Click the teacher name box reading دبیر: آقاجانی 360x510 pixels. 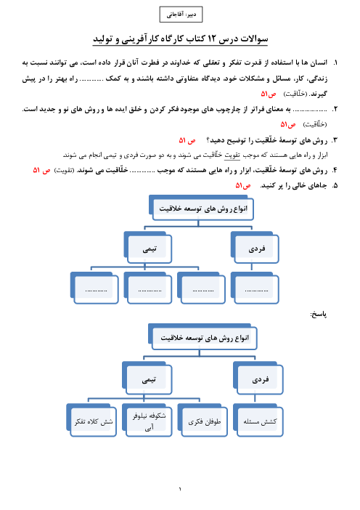point(181,15)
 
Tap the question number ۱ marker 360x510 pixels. point(335,62)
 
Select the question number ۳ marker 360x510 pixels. point(335,140)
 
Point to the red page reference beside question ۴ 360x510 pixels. point(41,170)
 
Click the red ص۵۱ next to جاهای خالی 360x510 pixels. point(243,185)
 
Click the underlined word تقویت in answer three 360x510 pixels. point(232,155)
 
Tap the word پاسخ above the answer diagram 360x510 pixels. point(319,314)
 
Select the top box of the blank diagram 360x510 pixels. point(202,208)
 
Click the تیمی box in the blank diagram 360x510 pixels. point(148,248)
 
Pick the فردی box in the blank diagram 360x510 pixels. point(255,248)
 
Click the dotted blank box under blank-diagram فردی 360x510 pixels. point(255,288)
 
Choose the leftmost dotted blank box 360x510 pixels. point(94,288)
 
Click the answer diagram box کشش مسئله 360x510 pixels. point(258,420)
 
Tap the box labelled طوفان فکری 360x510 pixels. point(202,420)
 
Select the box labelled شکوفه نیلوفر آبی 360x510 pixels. point(147,420)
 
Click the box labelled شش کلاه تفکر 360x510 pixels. point(91,420)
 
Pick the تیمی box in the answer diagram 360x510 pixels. point(147,378)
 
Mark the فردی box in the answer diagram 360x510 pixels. point(258,378)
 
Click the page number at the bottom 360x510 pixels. point(180,489)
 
